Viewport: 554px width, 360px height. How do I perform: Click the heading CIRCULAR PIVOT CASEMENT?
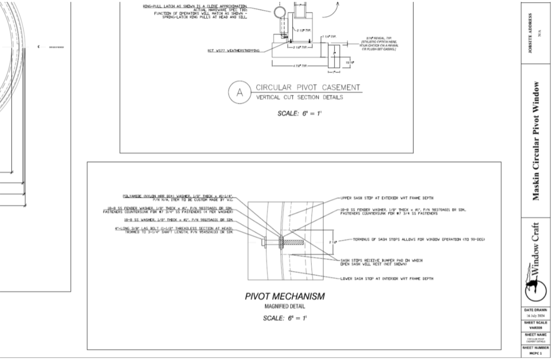tap(307, 87)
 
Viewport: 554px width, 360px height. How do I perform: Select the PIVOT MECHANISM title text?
tap(285, 296)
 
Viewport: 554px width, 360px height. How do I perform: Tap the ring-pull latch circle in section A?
tap(280, 12)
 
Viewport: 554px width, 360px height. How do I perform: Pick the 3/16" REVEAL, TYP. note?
tap(379, 43)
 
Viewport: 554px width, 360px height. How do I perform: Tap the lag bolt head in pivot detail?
tap(264, 242)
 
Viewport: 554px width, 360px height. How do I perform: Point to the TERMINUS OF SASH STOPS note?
tap(419, 240)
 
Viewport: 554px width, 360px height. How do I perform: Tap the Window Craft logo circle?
tap(536, 289)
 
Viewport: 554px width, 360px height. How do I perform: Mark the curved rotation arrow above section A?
tap(332, 11)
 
